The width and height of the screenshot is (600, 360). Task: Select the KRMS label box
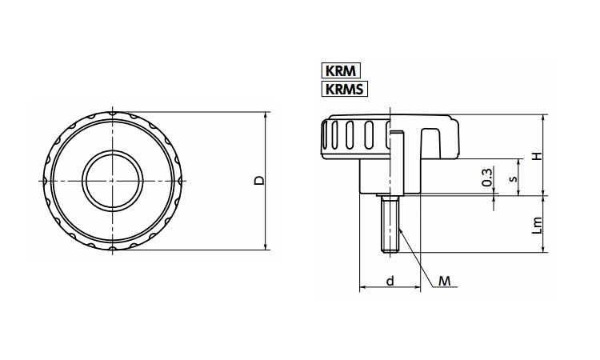pyautogui.click(x=345, y=88)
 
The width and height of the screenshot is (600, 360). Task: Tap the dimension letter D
pyautogui.click(x=258, y=181)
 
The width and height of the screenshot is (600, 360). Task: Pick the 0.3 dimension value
pyautogui.click(x=487, y=178)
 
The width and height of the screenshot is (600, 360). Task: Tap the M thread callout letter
pyautogui.click(x=445, y=281)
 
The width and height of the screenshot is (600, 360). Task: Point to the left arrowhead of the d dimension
pyautogui.click(x=362, y=286)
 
